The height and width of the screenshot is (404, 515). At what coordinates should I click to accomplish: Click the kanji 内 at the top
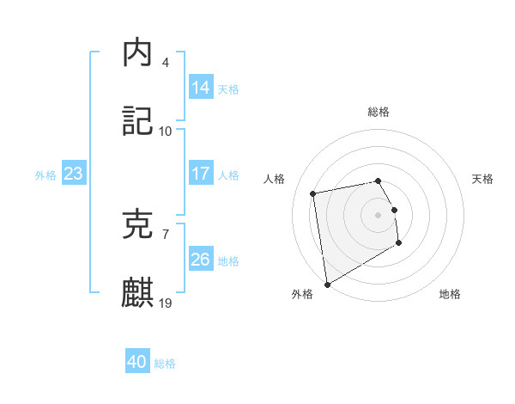pos(138,53)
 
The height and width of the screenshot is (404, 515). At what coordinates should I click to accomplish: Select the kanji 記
pos(138,122)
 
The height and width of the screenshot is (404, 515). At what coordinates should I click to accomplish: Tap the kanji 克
pos(138,224)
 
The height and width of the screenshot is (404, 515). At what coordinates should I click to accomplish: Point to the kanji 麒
pos(138,293)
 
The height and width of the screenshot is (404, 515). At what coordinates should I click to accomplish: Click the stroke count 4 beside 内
pos(166,63)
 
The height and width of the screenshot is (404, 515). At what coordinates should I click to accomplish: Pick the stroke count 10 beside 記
pos(166,132)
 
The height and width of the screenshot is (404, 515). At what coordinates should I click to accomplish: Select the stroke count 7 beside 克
pos(166,234)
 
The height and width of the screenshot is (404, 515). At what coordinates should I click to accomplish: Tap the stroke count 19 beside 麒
pos(166,303)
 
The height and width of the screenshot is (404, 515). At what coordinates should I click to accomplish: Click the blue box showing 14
pos(201,88)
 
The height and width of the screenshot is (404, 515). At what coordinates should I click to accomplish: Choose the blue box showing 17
pos(201,174)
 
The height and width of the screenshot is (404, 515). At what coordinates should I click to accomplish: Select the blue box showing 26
pos(201,260)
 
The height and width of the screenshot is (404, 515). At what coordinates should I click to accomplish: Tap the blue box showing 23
pos(74,174)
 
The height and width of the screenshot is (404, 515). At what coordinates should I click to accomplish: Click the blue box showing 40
pos(137,363)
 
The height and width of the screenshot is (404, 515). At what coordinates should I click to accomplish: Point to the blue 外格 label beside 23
pos(45,174)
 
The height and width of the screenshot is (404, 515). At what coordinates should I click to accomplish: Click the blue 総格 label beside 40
pos(165,364)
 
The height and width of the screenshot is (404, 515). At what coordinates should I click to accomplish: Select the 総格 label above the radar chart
pos(379,112)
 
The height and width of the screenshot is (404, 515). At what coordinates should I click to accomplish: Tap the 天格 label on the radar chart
pos(482,179)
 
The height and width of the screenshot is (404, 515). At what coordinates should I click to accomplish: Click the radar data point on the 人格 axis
pos(313,193)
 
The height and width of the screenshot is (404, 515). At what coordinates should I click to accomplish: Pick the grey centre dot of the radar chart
pos(379,214)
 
